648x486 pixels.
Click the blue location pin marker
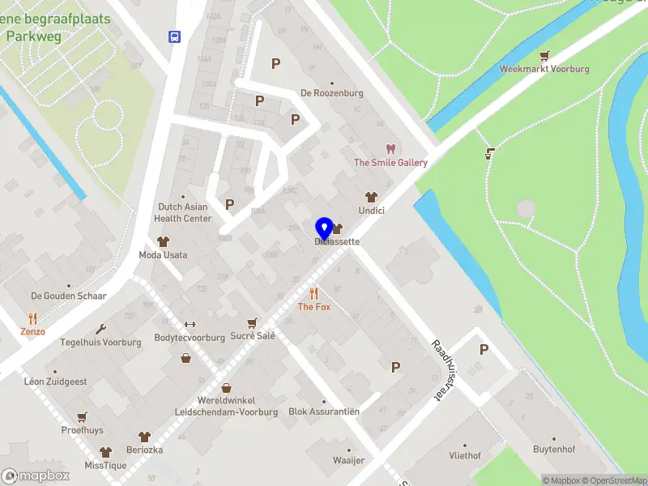(324, 228)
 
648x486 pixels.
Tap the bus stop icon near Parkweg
(174, 36)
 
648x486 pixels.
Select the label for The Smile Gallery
(390, 163)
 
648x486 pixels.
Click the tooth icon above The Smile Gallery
(390, 149)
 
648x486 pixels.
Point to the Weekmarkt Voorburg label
(544, 70)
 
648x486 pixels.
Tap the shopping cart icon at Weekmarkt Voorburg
(545, 56)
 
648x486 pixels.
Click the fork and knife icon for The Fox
(314, 293)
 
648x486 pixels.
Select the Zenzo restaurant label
(33, 331)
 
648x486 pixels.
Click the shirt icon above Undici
(372, 197)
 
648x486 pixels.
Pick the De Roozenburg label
(331, 93)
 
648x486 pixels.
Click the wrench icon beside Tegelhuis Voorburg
(100, 329)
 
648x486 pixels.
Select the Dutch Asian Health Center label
(183, 212)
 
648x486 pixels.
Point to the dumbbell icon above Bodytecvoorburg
(190, 324)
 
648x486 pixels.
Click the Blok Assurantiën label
(324, 411)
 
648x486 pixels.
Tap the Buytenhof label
(554, 450)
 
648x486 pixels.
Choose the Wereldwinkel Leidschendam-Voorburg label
(225, 406)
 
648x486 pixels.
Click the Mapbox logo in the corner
(36, 475)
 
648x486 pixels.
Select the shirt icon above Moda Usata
(163, 241)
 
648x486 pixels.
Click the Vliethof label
(465, 456)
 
